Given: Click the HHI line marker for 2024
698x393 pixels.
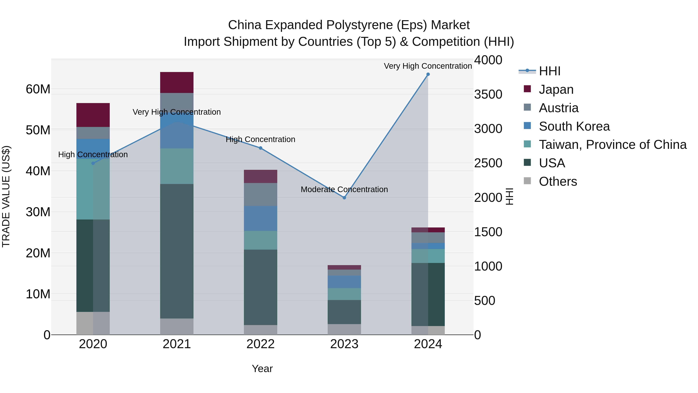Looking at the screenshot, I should pos(428,74).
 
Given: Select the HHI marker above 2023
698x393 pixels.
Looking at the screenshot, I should pos(344,198).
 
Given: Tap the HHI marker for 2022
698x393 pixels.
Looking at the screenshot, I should pos(260,148).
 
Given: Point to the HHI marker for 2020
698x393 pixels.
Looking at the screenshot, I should pos(93,163).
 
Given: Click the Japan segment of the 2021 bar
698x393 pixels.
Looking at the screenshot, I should pos(177,82).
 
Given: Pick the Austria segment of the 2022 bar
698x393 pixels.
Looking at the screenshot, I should pos(260,194).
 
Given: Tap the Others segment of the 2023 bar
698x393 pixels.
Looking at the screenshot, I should pos(344,329).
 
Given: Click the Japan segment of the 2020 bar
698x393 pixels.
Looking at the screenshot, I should pos(93,115).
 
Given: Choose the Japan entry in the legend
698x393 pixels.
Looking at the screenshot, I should pos(556,89).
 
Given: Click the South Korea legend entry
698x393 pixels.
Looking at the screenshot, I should pos(574,126).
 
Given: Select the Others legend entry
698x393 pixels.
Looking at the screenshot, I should pos(558,181).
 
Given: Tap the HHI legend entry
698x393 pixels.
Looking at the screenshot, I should pos(549,71).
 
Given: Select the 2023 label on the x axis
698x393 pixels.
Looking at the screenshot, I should pos(344,344).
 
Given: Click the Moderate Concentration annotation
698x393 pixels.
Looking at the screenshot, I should pos(344,189).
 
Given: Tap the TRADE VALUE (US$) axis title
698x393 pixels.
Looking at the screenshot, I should pos(6,196).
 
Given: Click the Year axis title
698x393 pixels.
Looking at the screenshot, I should pos(262,369).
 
